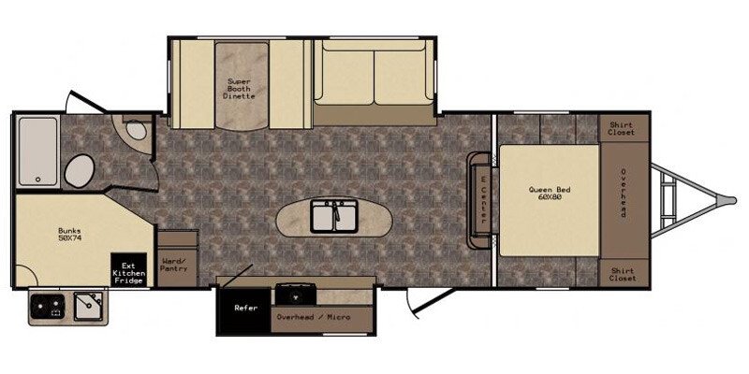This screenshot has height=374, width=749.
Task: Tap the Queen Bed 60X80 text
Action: click(x=550, y=194)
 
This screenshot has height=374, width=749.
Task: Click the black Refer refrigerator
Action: click(x=245, y=307)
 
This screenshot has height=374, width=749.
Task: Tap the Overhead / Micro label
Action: click(x=313, y=318)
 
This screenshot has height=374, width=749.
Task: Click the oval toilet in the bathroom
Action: click(x=81, y=172)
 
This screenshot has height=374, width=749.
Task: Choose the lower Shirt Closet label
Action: click(x=622, y=274)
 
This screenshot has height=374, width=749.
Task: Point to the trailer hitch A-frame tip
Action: click(x=729, y=199)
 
